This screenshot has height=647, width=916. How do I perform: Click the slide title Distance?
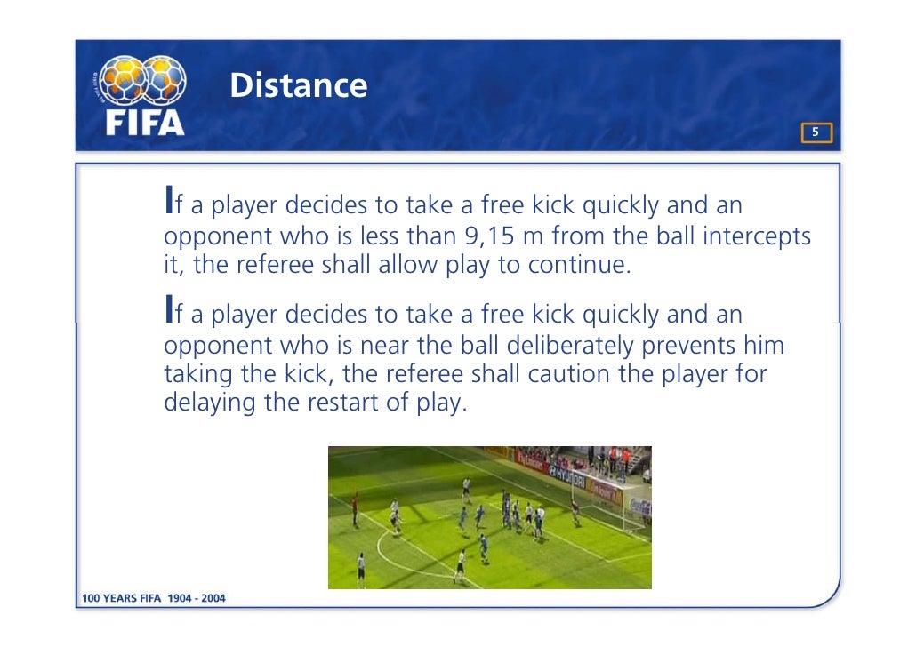click(298, 85)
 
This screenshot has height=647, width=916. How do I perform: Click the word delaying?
click(211, 403)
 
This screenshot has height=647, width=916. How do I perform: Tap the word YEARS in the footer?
click(121, 598)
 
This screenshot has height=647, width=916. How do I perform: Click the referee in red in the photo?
click(355, 508)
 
